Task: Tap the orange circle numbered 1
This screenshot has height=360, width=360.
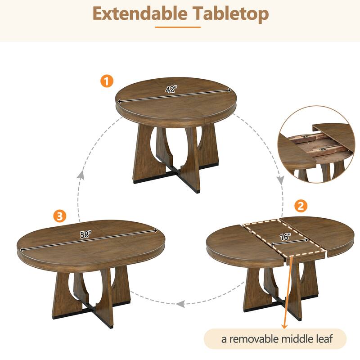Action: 107,81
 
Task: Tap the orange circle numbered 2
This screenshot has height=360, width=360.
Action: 301,207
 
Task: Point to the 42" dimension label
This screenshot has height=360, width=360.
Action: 170,90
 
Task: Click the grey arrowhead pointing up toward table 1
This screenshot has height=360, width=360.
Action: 81,175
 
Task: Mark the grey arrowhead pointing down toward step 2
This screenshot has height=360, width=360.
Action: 280,180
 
